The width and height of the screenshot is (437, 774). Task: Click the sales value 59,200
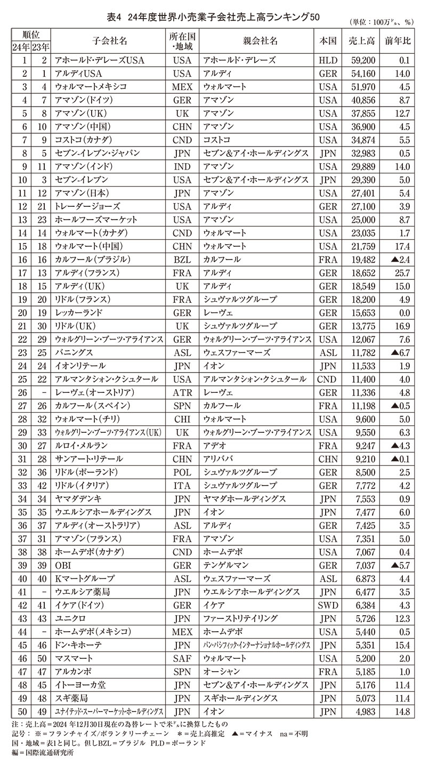pos(364,60)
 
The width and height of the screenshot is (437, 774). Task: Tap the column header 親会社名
pos(257,41)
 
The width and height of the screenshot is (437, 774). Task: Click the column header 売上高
pos(362,41)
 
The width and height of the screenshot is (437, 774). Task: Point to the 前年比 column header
pos(398,41)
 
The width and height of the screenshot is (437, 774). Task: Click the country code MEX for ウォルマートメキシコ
pos(182,87)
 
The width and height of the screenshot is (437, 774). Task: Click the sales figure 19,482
pos(364,260)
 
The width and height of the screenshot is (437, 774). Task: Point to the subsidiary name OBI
pos(63,565)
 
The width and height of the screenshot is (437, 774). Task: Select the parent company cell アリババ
pos(218,459)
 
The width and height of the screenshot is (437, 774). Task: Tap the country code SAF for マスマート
pos(182,658)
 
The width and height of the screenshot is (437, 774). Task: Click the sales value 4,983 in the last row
pos(366,712)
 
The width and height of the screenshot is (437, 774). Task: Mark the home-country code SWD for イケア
pos(328,605)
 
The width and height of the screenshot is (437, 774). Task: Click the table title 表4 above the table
pos(115,17)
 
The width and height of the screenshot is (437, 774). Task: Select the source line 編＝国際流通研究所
pos(43,753)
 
